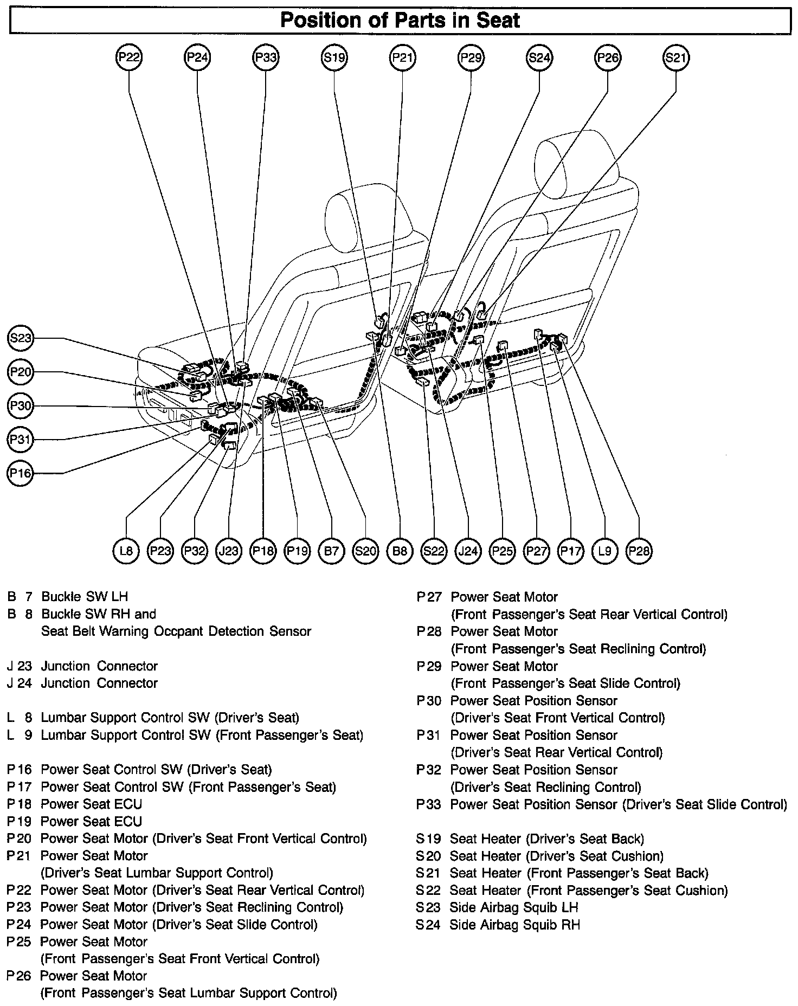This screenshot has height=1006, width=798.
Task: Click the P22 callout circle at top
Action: coord(128,57)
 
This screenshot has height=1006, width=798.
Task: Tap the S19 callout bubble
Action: coord(334,57)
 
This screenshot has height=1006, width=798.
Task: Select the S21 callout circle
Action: coord(676,57)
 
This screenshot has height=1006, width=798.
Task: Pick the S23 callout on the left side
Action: coord(21,338)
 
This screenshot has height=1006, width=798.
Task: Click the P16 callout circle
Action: coord(21,473)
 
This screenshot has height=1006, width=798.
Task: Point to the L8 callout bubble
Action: coord(126,551)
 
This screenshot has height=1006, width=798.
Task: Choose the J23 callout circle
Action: coord(228,551)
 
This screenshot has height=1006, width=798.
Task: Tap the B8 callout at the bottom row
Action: coord(400,551)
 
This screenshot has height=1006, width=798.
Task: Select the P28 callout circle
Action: coord(639,551)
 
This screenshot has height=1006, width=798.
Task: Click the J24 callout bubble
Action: coord(468,551)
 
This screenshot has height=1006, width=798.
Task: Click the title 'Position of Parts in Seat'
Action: coord(400,21)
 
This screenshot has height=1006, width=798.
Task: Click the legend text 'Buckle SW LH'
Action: coord(85,597)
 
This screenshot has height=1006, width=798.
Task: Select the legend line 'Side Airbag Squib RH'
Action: coord(514,925)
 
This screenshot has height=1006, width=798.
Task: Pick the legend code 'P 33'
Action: coord(429,804)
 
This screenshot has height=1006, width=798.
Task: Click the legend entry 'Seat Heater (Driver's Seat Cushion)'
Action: coord(556,856)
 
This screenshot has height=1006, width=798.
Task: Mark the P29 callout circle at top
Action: coord(471,57)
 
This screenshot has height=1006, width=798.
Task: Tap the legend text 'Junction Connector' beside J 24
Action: coord(99,683)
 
